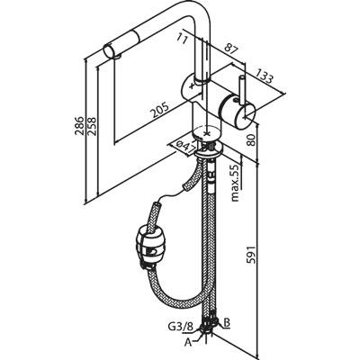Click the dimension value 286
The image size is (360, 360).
point(79,126)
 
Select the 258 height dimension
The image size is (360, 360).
point(92,126)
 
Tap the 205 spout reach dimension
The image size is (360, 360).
point(159,110)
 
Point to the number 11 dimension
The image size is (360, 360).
point(181,38)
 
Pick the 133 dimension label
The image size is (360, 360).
point(264,75)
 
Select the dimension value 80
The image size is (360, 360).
point(251,139)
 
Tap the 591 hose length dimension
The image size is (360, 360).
point(251,255)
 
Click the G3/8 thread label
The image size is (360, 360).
point(184,325)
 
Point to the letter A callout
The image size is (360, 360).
point(188,342)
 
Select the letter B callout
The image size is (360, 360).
point(227,323)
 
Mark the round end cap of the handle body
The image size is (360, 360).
point(247,114)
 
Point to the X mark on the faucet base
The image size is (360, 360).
point(206,132)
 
